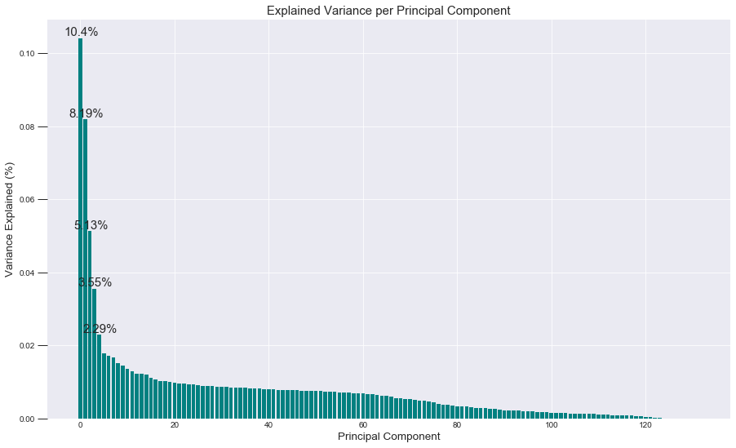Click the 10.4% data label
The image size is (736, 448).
coord(82,33)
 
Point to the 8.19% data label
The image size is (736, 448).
coord(86,113)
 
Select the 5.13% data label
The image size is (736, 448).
coord(91,225)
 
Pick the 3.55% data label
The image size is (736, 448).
coord(95,282)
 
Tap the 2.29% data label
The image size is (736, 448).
coord(100,329)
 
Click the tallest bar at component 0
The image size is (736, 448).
coord(80,228)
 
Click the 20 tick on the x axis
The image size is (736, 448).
coord(174,426)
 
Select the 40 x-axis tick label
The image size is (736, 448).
coord(268,426)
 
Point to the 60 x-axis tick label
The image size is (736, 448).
coord(362,426)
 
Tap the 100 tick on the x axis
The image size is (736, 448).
coord(551,426)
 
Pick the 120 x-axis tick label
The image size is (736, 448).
coord(645,426)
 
